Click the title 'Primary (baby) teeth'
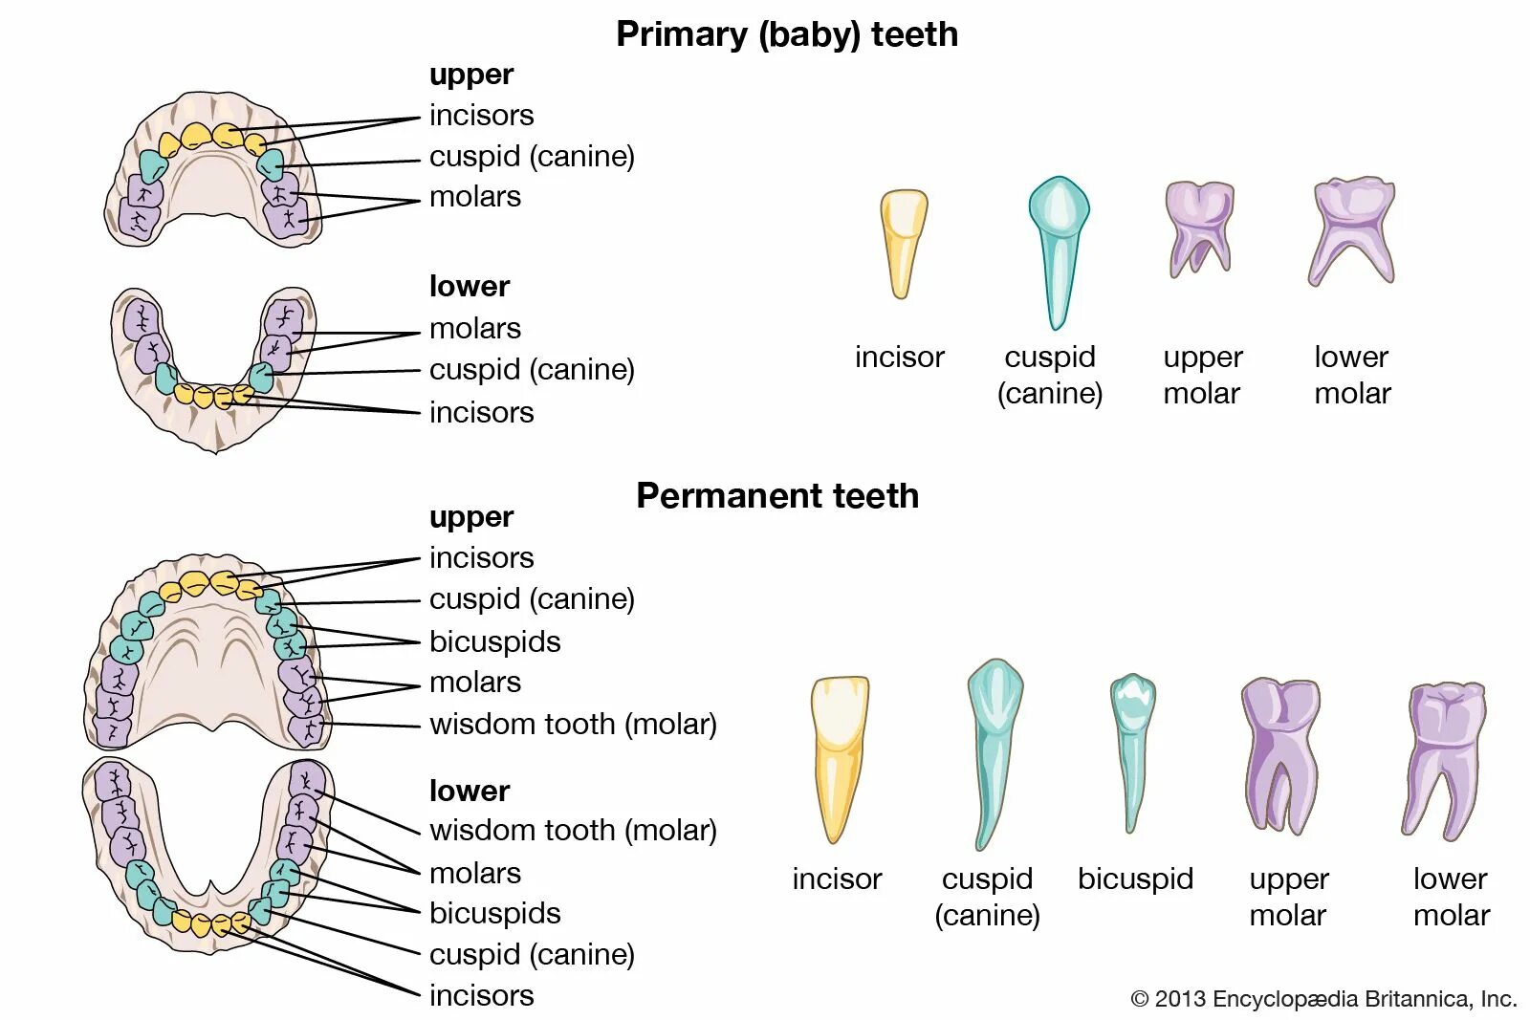tap(786, 34)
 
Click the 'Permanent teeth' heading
tap(776, 495)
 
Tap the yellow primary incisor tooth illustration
tap(903, 243)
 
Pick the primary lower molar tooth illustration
tap(1352, 229)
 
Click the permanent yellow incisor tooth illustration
tap(839, 755)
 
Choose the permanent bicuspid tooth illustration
tap(1133, 750)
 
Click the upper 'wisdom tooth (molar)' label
tap(573, 724)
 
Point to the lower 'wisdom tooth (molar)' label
tap(573, 830)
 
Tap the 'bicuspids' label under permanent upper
tap(494, 641)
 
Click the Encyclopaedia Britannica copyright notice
tap(1323, 999)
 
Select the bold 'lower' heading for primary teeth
tap(469, 286)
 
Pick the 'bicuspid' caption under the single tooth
tap(1135, 879)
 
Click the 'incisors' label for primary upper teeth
tap(481, 115)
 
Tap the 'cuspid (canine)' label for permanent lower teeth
tap(532, 954)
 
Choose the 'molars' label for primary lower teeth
tap(474, 328)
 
